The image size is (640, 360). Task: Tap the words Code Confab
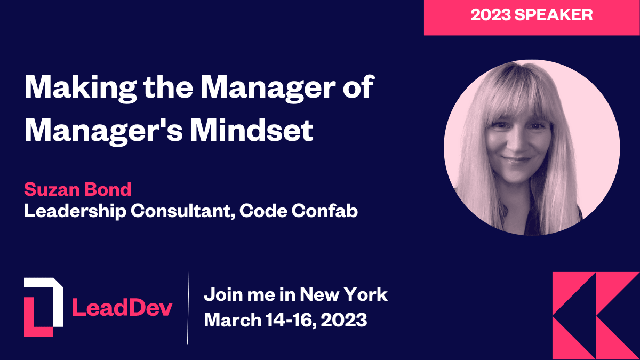299,211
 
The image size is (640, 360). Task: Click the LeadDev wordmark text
122,307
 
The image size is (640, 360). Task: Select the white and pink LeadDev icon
43,307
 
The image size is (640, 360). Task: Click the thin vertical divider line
189,307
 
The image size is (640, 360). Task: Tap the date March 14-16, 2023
286,320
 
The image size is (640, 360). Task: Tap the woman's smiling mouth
516,159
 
